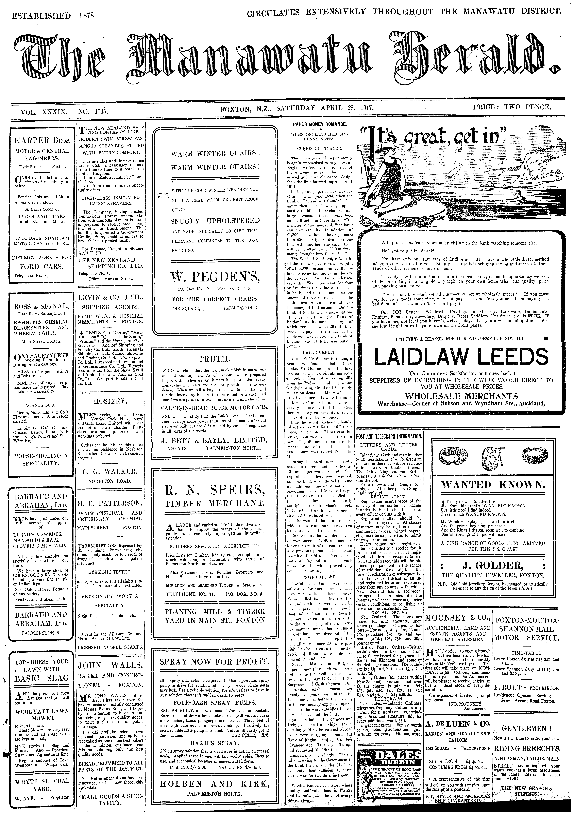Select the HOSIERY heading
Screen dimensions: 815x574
[x=110, y=401]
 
